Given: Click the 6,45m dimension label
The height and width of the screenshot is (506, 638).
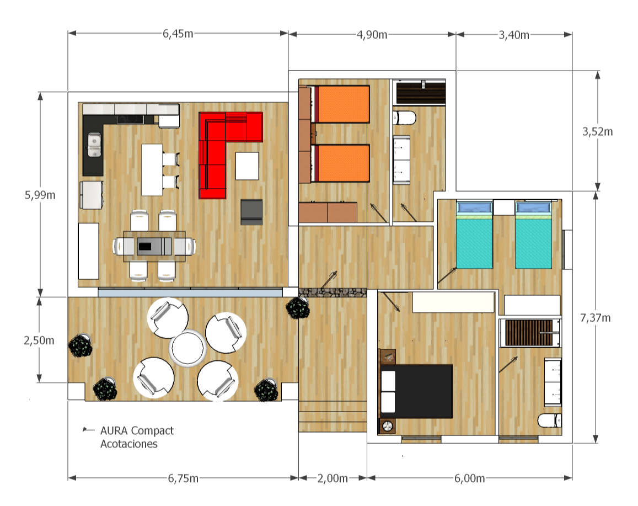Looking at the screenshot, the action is [178, 33].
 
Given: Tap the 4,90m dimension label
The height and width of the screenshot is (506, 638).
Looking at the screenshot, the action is [372, 35].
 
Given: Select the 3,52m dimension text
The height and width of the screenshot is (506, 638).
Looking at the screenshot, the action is [597, 131].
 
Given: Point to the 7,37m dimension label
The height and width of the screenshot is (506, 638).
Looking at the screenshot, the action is [596, 318].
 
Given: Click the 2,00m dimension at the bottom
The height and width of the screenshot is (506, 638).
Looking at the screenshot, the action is [333, 478].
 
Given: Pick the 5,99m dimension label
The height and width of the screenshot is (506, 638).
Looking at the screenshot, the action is [40, 195].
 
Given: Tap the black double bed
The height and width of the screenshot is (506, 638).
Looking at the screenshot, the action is [416, 391].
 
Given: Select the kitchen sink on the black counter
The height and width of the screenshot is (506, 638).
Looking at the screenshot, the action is [94, 145].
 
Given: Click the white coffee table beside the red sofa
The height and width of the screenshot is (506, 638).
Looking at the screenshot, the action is [247, 166].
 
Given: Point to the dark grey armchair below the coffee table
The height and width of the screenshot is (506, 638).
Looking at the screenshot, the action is [251, 212].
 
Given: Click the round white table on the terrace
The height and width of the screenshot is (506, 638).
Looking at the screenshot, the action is [187, 349].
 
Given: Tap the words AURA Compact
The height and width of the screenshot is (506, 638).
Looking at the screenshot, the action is [137, 431].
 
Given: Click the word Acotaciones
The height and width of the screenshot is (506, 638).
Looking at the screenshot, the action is [129, 444].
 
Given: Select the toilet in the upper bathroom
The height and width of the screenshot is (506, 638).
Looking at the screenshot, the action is [404, 118].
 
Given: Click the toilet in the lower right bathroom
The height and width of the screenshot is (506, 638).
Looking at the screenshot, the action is [550, 420].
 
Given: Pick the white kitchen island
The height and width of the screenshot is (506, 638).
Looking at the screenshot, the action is [152, 170].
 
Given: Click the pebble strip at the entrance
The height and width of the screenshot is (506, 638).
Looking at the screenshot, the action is [333, 292].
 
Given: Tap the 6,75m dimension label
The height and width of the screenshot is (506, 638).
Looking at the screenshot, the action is [183, 478].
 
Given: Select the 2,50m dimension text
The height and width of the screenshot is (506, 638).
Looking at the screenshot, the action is [39, 340].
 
